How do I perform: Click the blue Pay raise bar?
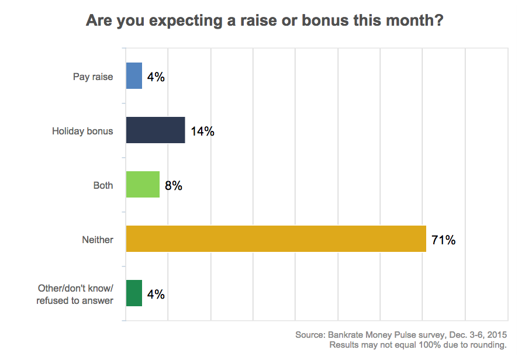134,76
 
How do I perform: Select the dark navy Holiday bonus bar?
156,130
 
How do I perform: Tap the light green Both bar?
143,185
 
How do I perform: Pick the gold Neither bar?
276,239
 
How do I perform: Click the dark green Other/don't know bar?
134,293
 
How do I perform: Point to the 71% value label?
443,240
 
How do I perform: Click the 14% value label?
202,131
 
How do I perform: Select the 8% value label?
174,186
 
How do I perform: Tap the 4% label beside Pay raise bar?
156,77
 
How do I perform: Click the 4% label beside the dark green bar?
156,295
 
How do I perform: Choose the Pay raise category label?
93,77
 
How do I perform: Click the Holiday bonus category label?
82,131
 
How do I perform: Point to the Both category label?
103,185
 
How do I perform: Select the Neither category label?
98,240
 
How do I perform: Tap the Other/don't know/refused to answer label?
75,294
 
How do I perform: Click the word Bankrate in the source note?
350,335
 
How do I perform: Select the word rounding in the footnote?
488,345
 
